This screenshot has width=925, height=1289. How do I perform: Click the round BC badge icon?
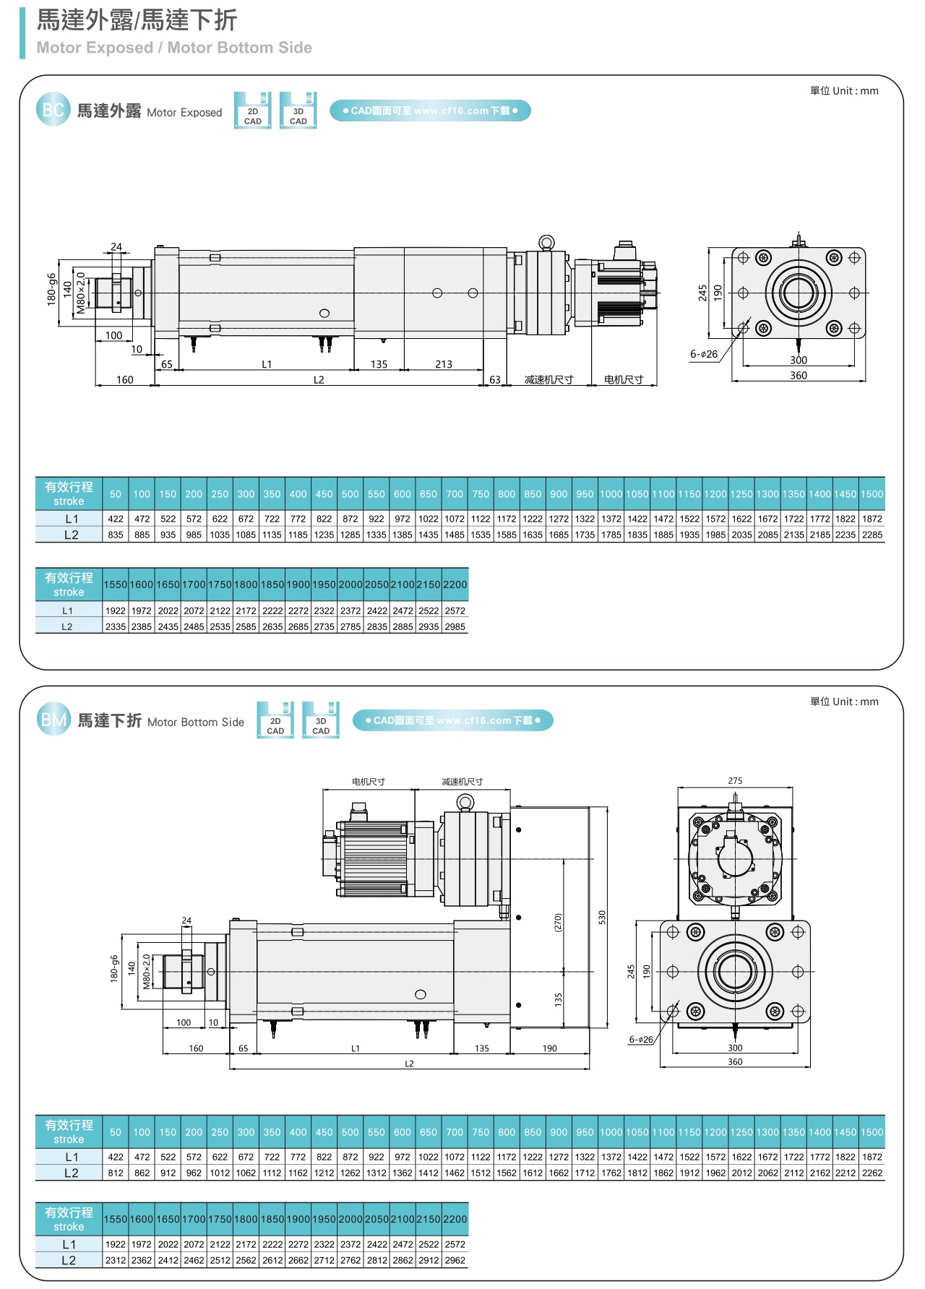pyautogui.click(x=53, y=110)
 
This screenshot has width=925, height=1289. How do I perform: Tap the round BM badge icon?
pyautogui.click(x=53, y=720)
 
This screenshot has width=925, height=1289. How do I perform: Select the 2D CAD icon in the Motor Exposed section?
pyautogui.click(x=252, y=111)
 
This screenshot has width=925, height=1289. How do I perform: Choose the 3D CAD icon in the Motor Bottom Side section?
pyautogui.click(x=321, y=721)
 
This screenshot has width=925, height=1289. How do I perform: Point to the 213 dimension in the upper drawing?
pyautogui.click(x=444, y=364)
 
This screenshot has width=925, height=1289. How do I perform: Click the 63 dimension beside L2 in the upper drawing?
pyautogui.click(x=495, y=379)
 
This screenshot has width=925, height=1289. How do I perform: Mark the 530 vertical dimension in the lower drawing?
pyautogui.click(x=602, y=917)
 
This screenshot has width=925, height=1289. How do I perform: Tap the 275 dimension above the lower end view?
pyautogui.click(x=735, y=781)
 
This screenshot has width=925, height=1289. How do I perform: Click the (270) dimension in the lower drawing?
pyautogui.click(x=558, y=923)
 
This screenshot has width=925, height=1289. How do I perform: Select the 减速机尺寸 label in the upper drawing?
pyautogui.click(x=548, y=379)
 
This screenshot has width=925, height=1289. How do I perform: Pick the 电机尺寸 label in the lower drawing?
pyautogui.click(x=369, y=782)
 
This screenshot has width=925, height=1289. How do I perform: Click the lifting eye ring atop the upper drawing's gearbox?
pyautogui.click(x=546, y=242)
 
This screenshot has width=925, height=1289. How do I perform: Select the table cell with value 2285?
pyautogui.click(x=872, y=535)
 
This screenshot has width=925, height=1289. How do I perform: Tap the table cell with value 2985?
pyautogui.click(x=455, y=626)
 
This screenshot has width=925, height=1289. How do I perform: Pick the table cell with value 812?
pyautogui.click(x=116, y=1173)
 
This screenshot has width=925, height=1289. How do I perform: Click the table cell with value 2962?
pyautogui.click(x=455, y=1260)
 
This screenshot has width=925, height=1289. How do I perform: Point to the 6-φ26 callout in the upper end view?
pyautogui.click(x=704, y=354)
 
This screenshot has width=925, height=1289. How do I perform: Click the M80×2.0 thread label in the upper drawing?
pyautogui.click(x=81, y=293)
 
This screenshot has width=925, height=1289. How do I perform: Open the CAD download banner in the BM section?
pyautogui.click(x=452, y=720)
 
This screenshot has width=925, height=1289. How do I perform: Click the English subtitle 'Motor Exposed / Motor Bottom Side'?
pyautogui.click(x=174, y=48)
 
